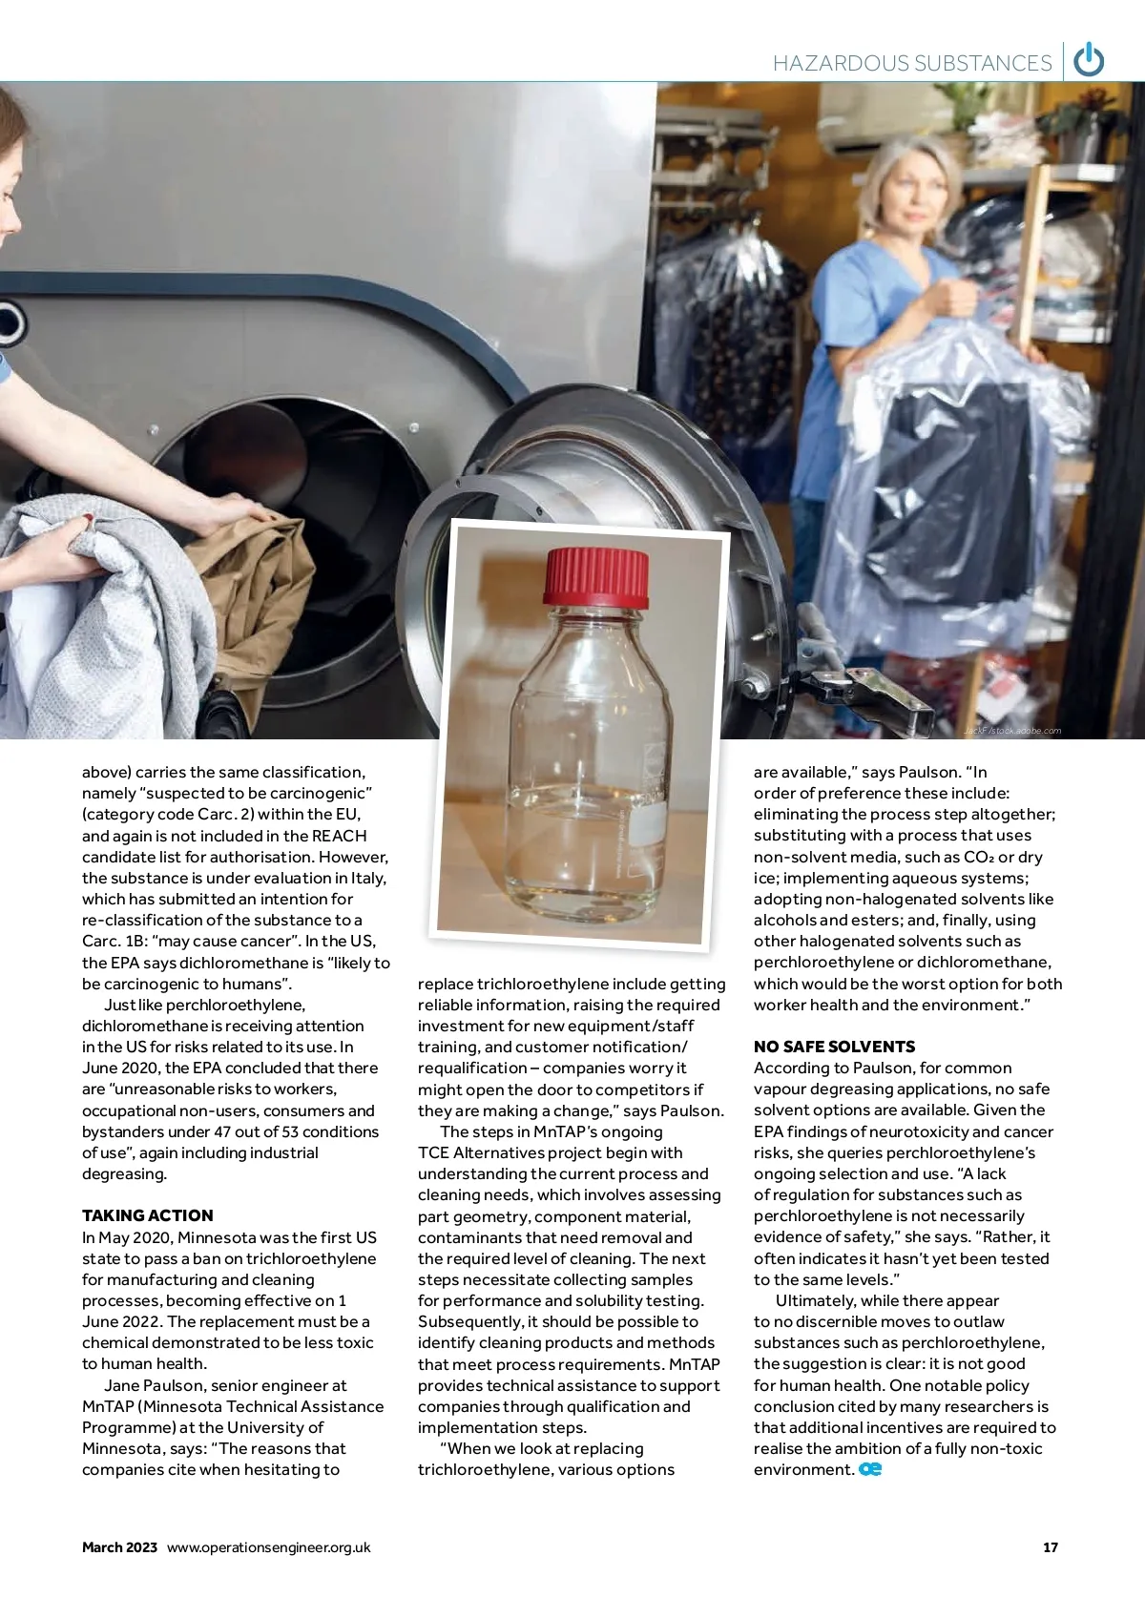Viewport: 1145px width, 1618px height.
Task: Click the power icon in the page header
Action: click(1089, 61)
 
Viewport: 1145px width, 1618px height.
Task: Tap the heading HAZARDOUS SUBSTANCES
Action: click(911, 63)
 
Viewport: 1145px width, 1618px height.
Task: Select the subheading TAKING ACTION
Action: click(148, 1215)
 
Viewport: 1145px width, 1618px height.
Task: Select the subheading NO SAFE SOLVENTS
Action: click(834, 1047)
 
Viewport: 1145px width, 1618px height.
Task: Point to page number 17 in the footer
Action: click(1050, 1547)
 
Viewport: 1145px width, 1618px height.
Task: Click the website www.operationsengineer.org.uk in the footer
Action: click(268, 1547)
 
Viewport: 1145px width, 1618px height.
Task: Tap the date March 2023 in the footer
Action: click(119, 1547)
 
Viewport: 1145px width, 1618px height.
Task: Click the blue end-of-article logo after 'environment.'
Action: click(870, 1469)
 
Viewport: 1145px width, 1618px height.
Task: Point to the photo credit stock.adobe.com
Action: click(1012, 731)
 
